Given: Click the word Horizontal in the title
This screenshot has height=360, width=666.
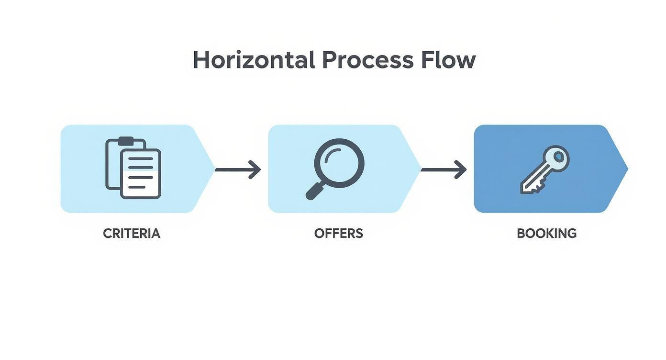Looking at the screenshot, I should [x=254, y=60].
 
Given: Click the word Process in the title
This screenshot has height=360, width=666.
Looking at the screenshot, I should [x=367, y=60].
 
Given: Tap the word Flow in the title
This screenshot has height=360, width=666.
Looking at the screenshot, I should [x=448, y=60].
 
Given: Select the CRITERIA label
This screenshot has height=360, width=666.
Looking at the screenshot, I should [x=132, y=234].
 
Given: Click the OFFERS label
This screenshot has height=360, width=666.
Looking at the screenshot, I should [x=339, y=234].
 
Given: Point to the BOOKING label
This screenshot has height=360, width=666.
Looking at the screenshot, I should [x=546, y=234].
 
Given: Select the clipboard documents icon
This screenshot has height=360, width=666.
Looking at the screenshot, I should [x=133, y=168].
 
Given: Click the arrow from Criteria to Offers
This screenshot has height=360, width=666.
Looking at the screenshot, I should [x=237, y=169].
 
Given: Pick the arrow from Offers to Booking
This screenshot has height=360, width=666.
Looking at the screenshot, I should [x=443, y=169].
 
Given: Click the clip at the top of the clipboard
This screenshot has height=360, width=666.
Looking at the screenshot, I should [x=126, y=141].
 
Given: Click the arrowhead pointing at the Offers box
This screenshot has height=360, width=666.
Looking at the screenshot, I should [x=256, y=169].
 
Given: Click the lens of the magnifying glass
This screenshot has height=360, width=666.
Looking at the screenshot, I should [x=339, y=163].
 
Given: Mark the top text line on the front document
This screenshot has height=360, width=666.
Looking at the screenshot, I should [x=141, y=159].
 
